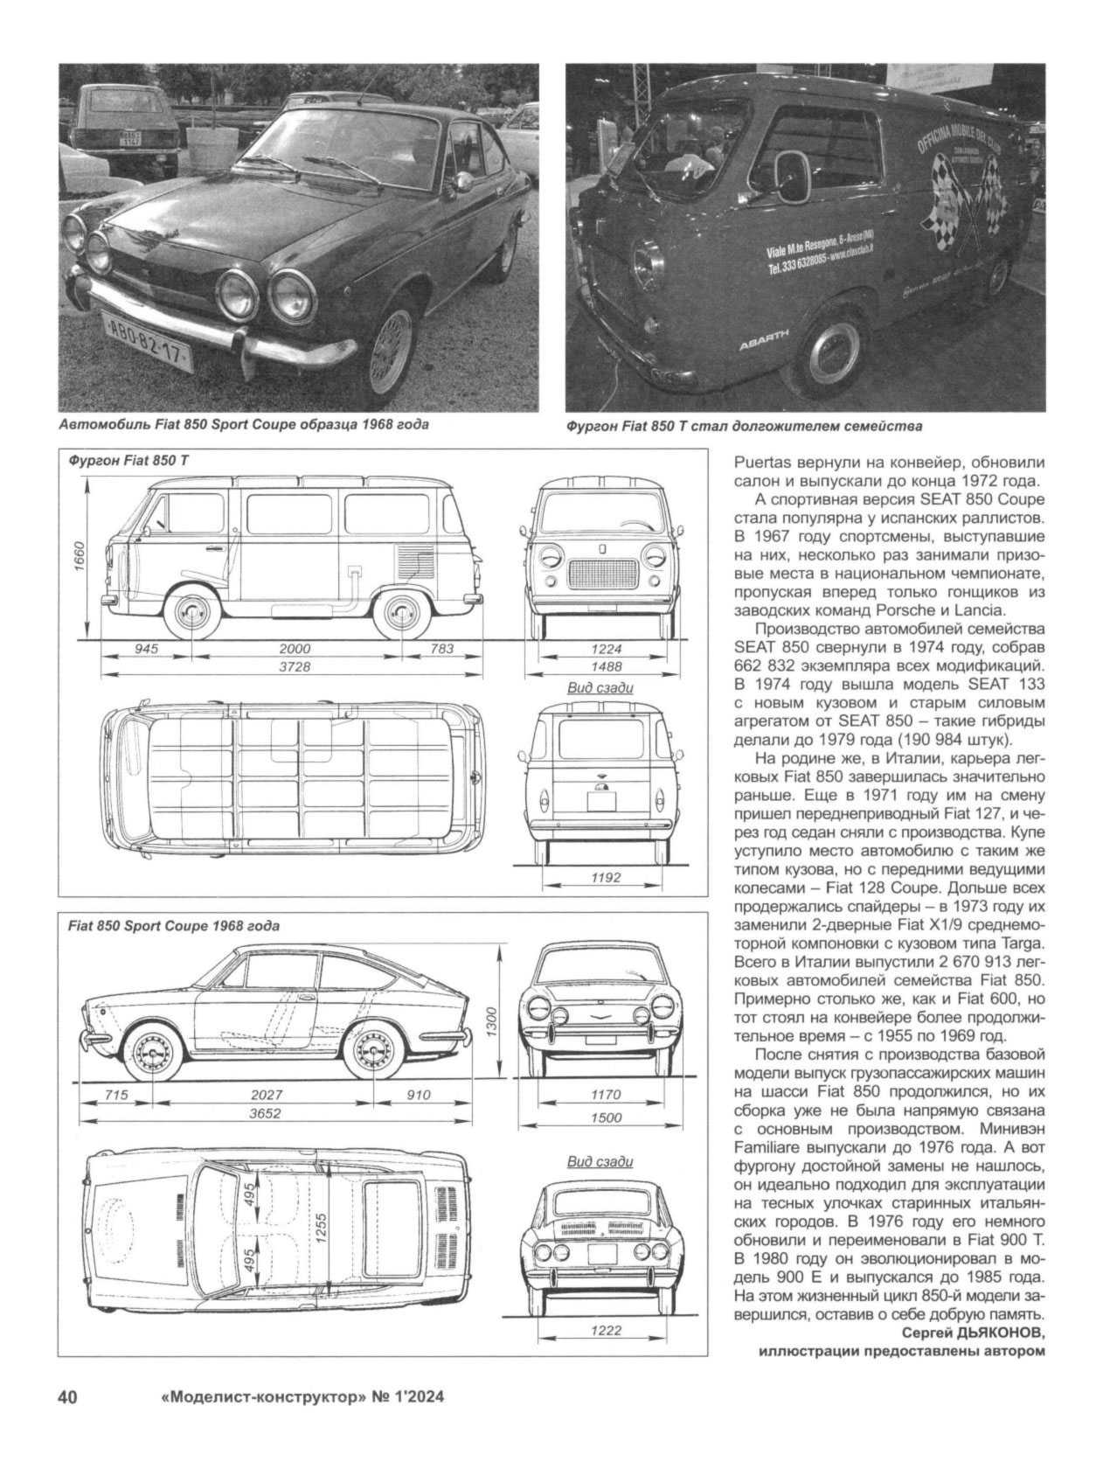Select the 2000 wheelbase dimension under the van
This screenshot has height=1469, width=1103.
[x=295, y=649]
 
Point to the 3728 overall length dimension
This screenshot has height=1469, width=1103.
[x=295, y=667]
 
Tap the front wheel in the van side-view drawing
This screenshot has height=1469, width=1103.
[x=190, y=613]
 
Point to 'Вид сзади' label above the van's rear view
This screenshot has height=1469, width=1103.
[x=600, y=687]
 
